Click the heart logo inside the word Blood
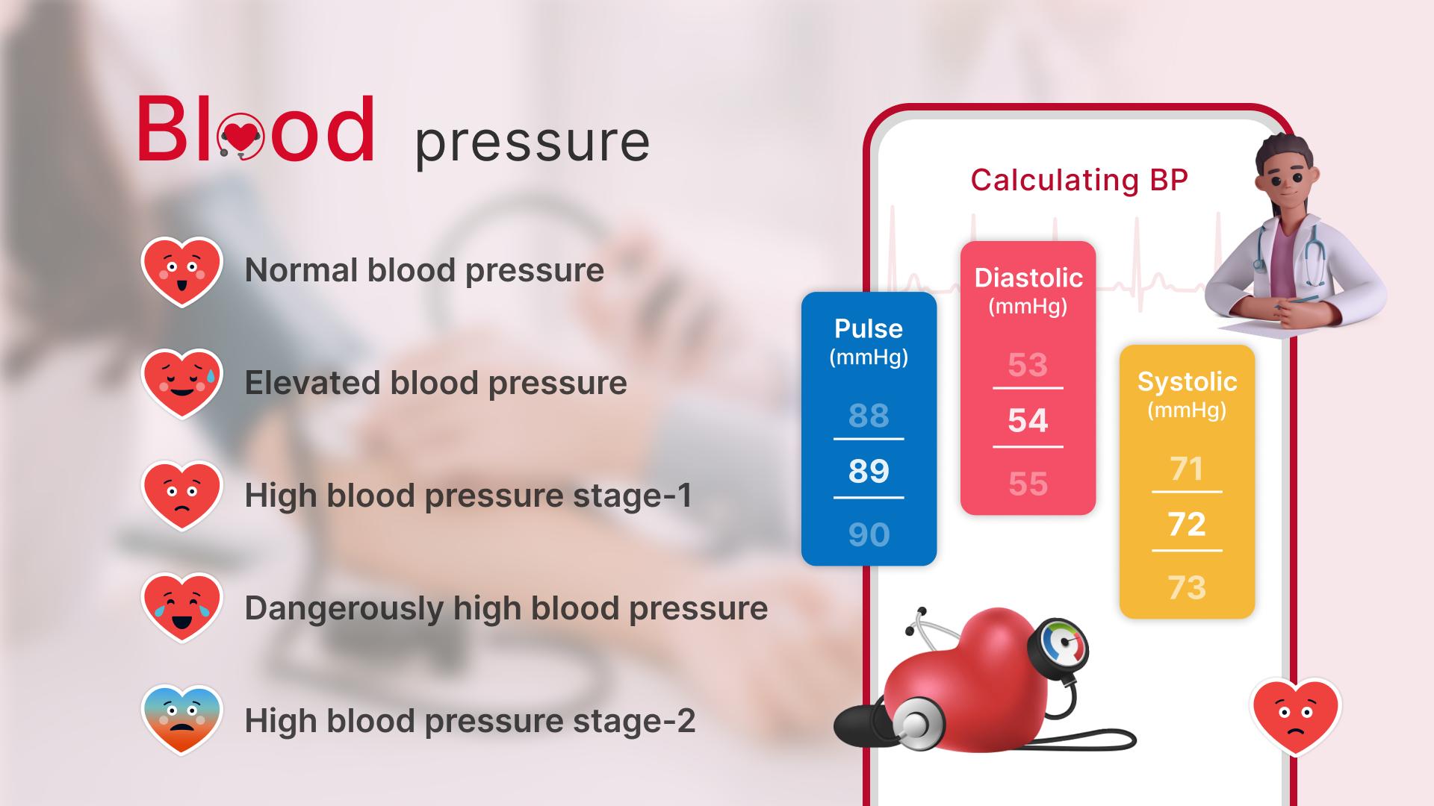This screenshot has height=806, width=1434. coord(240,136)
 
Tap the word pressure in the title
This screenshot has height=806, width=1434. coord(533,141)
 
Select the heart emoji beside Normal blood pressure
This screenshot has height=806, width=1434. coord(182,272)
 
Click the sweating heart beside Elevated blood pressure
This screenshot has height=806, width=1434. coord(182,384)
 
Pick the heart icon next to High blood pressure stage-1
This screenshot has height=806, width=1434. coord(182,496)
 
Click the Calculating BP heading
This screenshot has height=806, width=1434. coord(1078,180)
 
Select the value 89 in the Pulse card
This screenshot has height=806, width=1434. coord(869,471)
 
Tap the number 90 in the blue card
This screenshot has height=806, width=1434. coord(869,534)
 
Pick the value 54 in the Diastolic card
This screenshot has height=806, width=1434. coord(1028,420)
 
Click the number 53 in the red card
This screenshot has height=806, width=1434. coord(1028,365)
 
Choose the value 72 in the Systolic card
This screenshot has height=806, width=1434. coord(1187,524)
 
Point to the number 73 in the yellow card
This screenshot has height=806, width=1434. coord(1187,587)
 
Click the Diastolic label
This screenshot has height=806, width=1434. coord(1028,278)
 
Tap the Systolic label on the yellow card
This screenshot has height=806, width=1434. coord(1187,382)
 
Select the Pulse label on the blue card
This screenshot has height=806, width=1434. coord(869,328)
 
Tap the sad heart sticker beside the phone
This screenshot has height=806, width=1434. coord(1295,716)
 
